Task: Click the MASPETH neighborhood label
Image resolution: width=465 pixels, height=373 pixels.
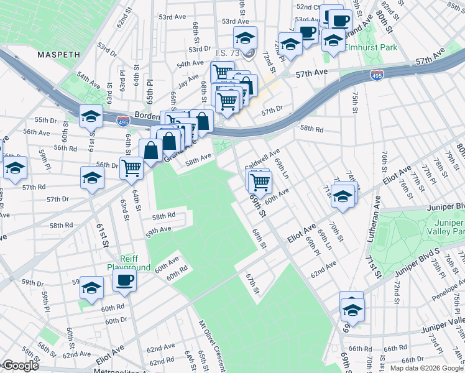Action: pos(58,55)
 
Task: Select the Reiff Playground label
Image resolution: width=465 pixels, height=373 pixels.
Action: pos(129,262)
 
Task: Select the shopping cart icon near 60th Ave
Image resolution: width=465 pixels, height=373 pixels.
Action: pos(260,181)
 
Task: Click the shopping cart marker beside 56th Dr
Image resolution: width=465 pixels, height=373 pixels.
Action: pos(131,167)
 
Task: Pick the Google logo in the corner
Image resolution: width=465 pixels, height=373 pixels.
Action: pos(20,366)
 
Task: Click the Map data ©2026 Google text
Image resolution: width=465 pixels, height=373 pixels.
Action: pos(426,368)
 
